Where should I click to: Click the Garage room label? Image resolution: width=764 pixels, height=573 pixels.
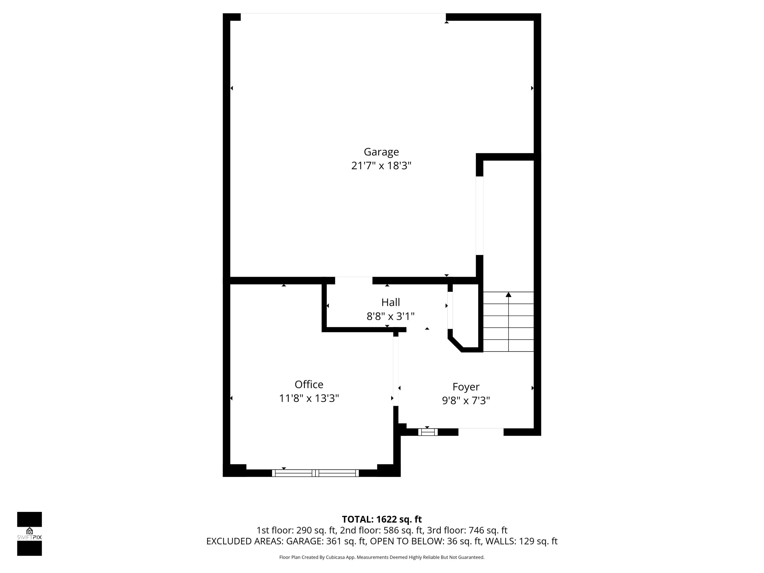381,152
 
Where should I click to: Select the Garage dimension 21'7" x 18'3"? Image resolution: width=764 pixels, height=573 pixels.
381,166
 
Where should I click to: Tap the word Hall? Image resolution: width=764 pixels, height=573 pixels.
390,302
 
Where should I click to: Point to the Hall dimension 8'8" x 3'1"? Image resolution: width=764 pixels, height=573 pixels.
390,316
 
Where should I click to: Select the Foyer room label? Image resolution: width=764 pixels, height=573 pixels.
466,387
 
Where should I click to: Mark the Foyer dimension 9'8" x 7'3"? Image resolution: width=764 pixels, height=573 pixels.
466,401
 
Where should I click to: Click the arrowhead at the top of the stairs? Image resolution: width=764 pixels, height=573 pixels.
508,295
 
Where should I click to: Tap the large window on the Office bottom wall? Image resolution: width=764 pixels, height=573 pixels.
315,473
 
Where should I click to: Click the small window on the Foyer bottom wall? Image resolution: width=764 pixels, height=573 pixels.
428,432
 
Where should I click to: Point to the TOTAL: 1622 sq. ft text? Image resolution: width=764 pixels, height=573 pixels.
382,520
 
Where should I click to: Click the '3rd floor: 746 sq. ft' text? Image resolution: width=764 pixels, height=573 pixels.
467,530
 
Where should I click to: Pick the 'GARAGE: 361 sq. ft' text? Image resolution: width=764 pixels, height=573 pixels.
326,541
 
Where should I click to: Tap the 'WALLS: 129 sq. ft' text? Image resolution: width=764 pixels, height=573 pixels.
521,541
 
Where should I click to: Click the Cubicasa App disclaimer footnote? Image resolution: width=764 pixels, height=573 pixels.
382,557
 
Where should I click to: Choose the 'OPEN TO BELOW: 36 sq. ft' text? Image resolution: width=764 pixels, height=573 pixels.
426,541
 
